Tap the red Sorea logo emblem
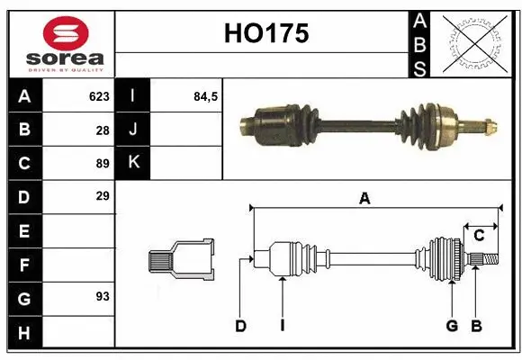[66, 32]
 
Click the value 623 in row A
[99, 96]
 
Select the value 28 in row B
[103, 130]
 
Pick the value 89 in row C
[103, 163]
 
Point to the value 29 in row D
[103, 195]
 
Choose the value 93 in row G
[103, 295]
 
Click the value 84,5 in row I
[206, 96]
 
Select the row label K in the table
[133, 163]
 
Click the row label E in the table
[23, 230]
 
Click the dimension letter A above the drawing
[364, 199]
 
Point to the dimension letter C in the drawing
[479, 236]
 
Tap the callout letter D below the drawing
[240, 326]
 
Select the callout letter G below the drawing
[452, 326]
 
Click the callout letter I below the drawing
[282, 326]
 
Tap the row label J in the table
[133, 130]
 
